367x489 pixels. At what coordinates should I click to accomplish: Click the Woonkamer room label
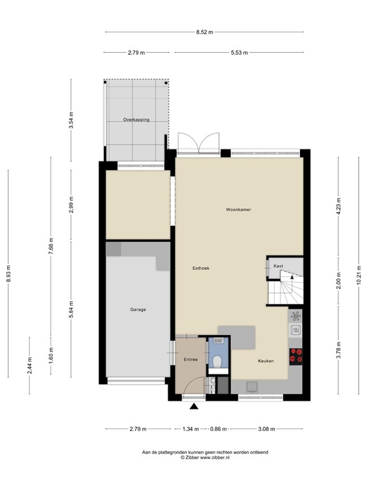pos(237,209)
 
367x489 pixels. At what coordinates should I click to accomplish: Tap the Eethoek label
pos(201,268)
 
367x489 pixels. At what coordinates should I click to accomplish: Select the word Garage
pos(138,309)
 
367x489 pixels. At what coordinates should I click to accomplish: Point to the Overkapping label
pos(136,119)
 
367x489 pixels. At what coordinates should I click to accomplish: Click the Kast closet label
pos(278,266)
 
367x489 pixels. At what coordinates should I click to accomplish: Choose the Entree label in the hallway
pos(191,360)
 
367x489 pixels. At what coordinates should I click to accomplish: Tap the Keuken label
pos(266,360)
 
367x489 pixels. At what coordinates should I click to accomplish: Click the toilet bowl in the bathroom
pos(217,361)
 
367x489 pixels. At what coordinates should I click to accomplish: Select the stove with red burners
pos(296,356)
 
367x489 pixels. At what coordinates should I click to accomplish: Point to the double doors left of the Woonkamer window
pos(199,143)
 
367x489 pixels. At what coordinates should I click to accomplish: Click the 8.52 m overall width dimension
pos(205,31)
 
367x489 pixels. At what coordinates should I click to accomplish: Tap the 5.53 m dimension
pos(240,53)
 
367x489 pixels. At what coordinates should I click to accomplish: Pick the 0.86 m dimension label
pos(219,429)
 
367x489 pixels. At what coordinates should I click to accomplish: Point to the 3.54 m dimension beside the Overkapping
pos(71,119)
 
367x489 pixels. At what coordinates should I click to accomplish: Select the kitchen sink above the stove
pos(296,329)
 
